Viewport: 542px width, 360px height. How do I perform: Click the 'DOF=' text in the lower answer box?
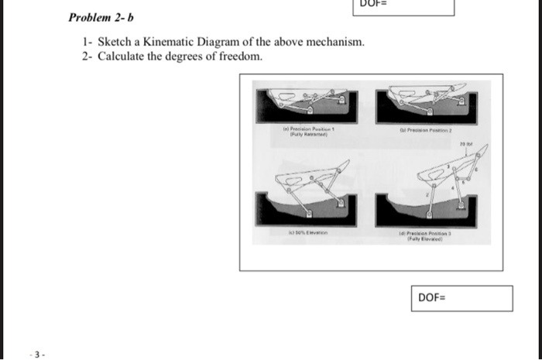(432, 297)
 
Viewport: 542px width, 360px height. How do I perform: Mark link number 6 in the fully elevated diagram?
(477, 170)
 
